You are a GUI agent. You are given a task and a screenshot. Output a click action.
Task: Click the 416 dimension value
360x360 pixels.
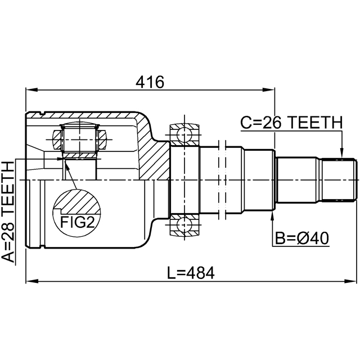click(148, 83)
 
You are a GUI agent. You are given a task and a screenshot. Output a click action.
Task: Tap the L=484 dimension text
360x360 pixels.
click(191, 273)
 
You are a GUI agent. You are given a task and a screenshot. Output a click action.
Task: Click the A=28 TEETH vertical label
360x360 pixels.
click(9, 211)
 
